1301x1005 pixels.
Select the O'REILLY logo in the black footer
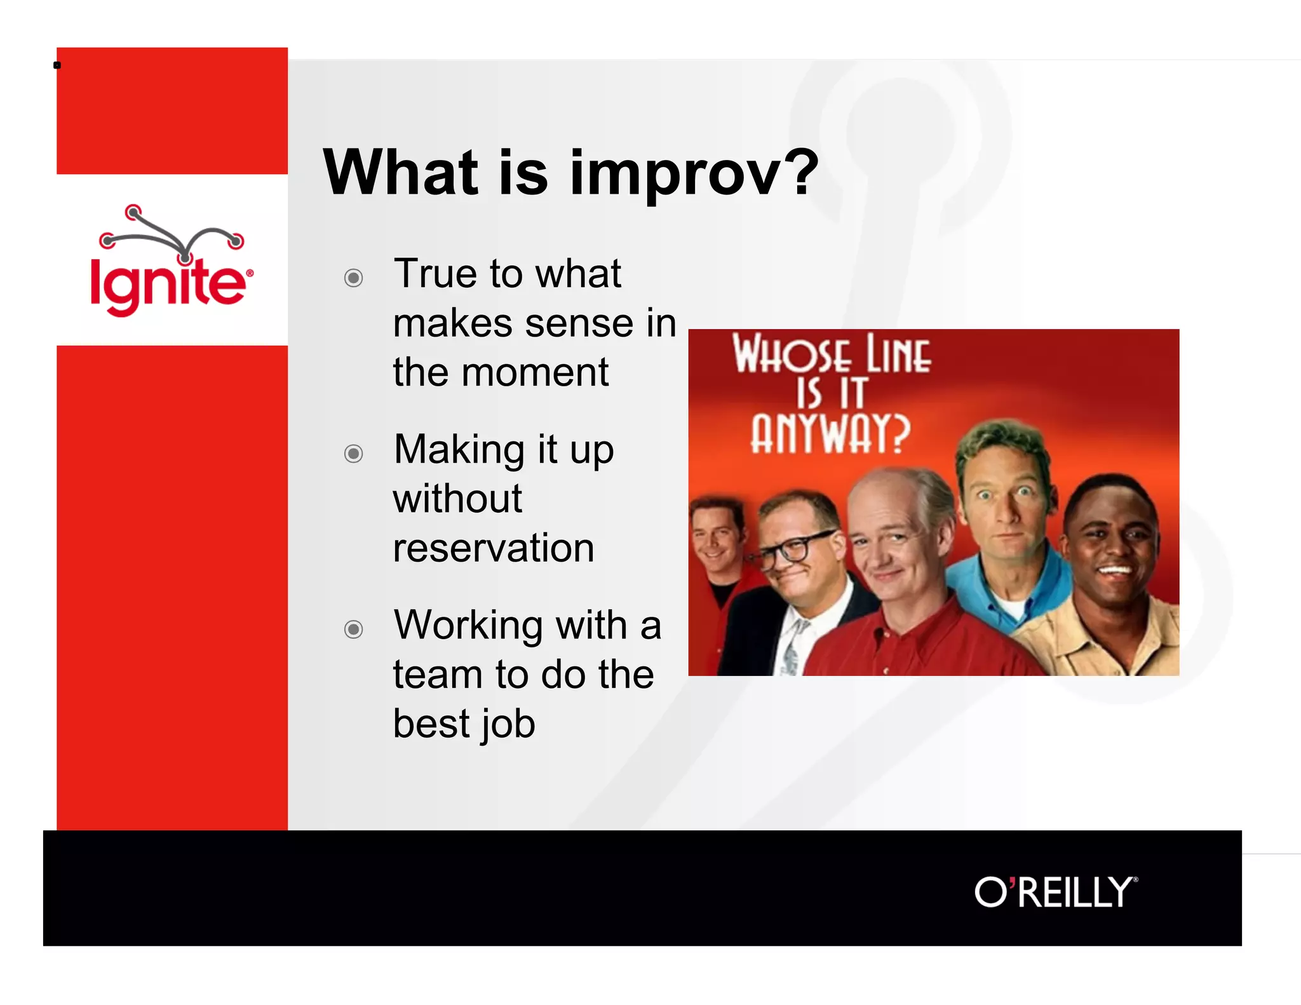(1056, 892)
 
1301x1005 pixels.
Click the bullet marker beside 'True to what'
(353, 278)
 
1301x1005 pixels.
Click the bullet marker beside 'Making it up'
(353, 454)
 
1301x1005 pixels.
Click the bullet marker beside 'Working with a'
(353, 630)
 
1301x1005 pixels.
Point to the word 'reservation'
(494, 548)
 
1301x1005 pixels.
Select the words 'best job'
(464, 724)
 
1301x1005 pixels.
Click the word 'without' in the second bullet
(457, 499)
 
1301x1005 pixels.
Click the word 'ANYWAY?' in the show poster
(830, 435)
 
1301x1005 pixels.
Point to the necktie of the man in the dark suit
(792, 648)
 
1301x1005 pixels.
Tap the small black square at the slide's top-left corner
(57, 65)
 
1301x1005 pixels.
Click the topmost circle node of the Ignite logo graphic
(133, 212)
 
